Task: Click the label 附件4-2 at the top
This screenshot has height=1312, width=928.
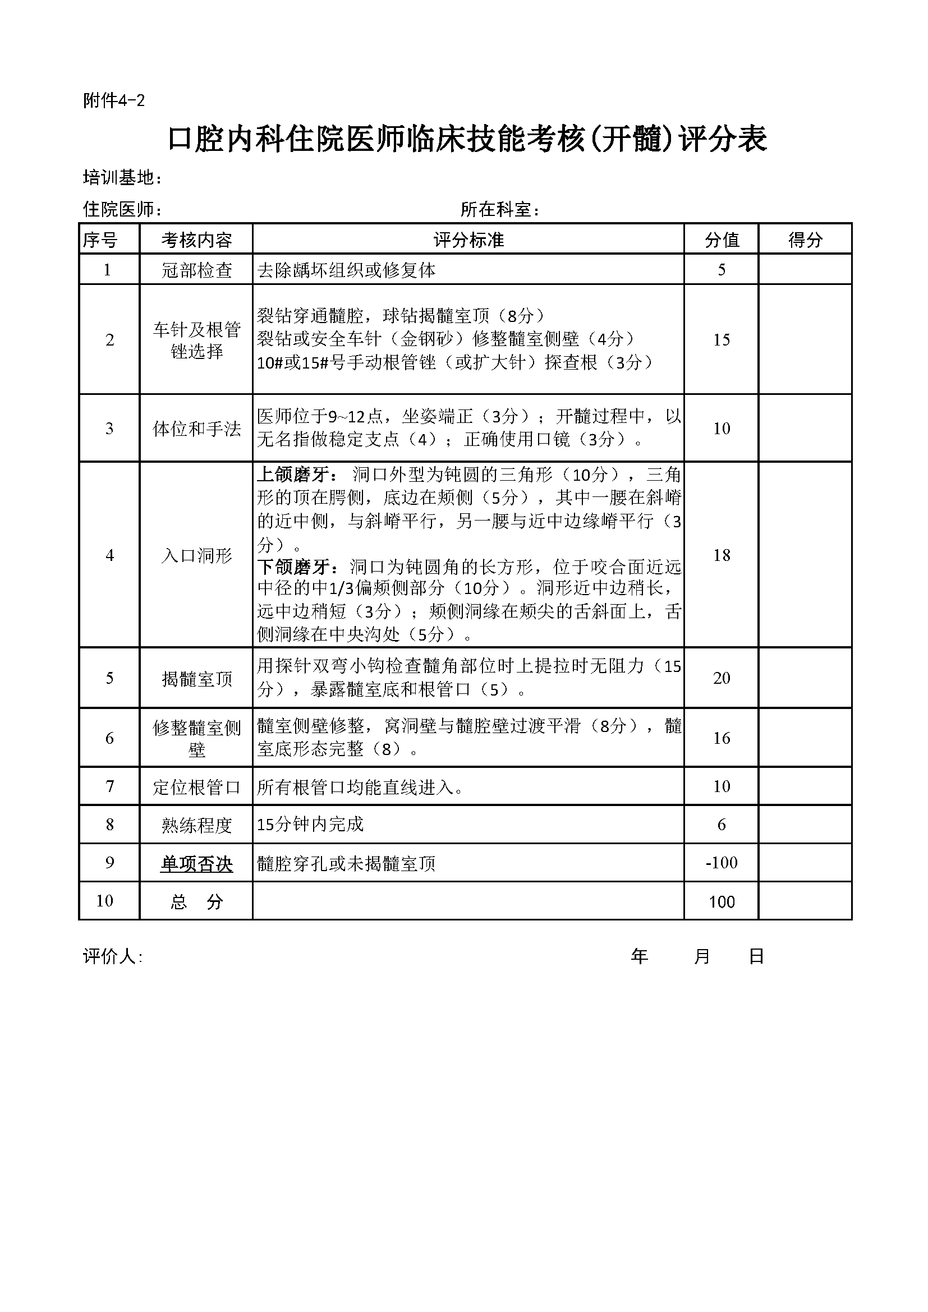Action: click(114, 101)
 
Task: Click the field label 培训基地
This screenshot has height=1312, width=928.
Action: click(122, 178)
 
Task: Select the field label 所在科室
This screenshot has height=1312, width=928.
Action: click(499, 210)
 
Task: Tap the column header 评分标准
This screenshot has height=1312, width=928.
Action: click(468, 240)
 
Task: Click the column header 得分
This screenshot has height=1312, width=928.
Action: click(805, 240)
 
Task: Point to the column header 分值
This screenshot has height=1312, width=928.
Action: click(721, 240)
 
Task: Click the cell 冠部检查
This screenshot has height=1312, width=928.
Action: click(196, 270)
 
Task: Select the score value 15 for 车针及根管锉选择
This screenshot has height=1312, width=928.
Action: click(721, 340)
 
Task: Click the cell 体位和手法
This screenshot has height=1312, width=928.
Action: click(196, 429)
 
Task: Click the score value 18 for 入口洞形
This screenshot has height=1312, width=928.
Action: click(721, 555)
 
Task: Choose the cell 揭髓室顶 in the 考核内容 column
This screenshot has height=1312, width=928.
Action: click(196, 679)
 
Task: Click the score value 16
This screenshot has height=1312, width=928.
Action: click(721, 738)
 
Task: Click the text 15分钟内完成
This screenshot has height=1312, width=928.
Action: click(310, 824)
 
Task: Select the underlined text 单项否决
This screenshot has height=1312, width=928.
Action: click(196, 863)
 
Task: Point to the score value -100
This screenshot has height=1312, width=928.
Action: click(721, 862)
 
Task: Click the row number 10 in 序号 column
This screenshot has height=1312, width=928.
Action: click(104, 901)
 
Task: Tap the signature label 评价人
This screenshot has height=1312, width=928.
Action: click(112, 956)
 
